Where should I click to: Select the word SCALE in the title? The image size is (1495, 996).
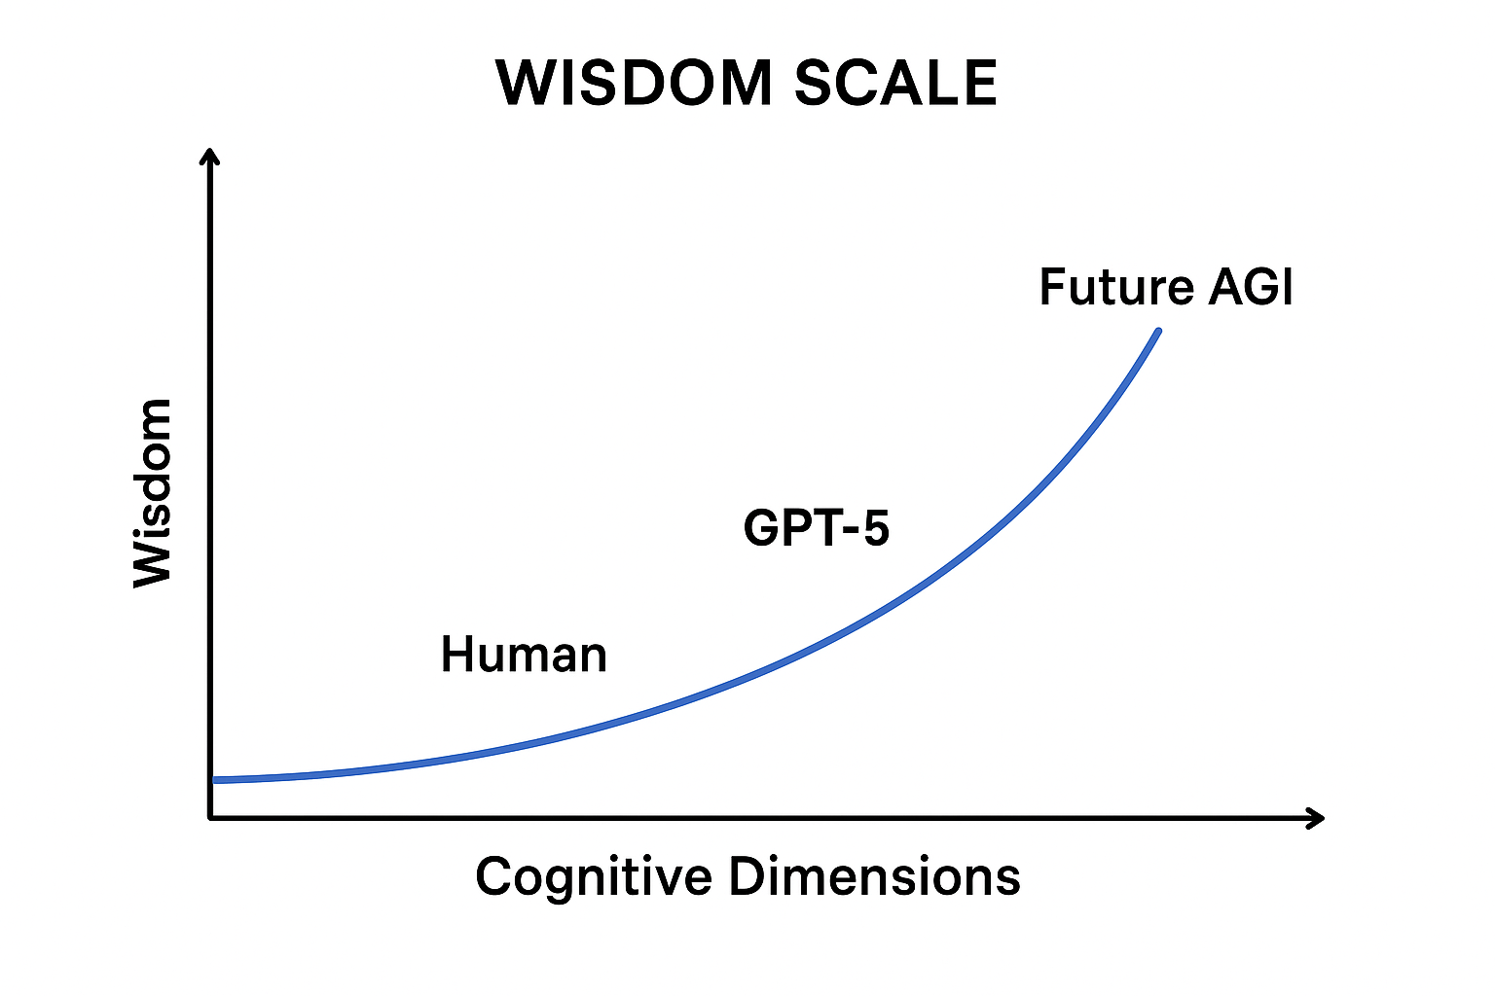(895, 83)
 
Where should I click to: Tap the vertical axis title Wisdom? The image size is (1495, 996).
(153, 492)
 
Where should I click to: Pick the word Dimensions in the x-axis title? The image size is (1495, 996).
(874, 876)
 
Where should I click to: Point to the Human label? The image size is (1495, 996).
(524, 655)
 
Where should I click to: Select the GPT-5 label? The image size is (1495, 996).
(816, 528)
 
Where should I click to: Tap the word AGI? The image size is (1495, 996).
(1251, 287)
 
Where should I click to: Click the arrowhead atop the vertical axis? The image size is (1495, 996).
(209, 156)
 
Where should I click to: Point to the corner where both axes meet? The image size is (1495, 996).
(210, 818)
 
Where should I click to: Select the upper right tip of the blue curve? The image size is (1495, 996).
(1157, 333)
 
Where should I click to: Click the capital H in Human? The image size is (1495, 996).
(456, 655)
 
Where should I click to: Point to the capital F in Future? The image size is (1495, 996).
(1053, 287)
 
